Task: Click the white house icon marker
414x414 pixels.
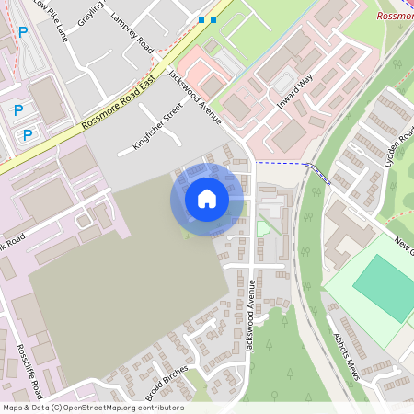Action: (207, 198)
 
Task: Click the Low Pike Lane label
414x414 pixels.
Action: (51, 18)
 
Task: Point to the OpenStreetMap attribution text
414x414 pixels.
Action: (92, 408)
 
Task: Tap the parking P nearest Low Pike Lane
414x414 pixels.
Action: (23, 31)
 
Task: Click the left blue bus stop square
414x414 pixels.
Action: (201, 19)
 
